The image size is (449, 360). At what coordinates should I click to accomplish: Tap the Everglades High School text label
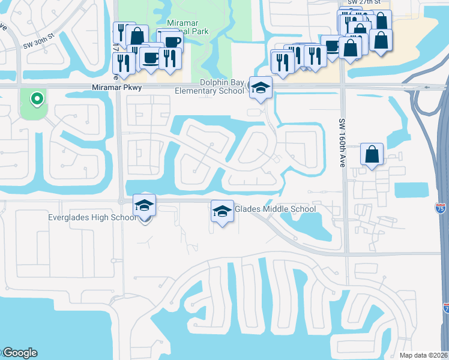point(92,217)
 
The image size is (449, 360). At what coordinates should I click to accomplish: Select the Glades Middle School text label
point(275,209)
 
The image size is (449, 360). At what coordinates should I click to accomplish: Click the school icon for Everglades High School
point(144,206)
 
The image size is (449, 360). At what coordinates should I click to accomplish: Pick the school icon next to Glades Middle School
point(222,212)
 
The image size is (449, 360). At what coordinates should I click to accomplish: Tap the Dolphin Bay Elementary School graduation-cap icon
point(261,88)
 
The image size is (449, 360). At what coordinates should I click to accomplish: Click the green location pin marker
point(37,98)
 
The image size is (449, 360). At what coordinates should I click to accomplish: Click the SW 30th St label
point(39,35)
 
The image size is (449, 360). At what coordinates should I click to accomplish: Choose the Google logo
point(19,353)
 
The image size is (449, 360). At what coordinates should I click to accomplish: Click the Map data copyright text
point(424,355)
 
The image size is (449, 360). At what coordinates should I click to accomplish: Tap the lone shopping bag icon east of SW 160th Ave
point(372,154)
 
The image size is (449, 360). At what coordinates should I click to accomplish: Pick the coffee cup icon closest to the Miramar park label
point(171,41)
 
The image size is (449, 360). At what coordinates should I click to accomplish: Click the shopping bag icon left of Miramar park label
point(137,36)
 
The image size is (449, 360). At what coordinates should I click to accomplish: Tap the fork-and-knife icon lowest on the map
point(124,63)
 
